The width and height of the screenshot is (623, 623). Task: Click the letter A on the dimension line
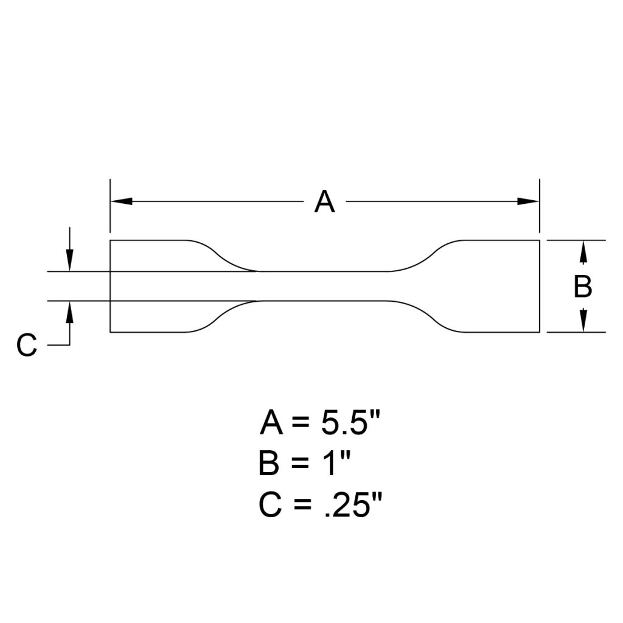pyautogui.click(x=324, y=202)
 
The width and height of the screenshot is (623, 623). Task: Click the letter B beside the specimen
pyautogui.click(x=583, y=287)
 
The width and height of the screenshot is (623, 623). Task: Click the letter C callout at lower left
pyautogui.click(x=27, y=346)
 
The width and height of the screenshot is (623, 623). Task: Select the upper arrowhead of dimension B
pyautogui.click(x=583, y=251)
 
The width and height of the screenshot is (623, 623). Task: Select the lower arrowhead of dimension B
pyautogui.click(x=583, y=322)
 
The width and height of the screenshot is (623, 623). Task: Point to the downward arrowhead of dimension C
pyautogui.click(x=71, y=261)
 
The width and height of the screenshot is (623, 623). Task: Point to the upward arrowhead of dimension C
pyautogui.click(x=71, y=311)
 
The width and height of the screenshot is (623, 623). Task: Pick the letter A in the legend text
pyautogui.click(x=271, y=423)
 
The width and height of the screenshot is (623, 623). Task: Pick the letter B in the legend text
pyautogui.click(x=269, y=464)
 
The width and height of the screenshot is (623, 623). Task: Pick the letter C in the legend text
pyautogui.click(x=270, y=506)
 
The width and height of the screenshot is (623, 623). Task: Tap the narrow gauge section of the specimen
pyautogui.click(x=324, y=286)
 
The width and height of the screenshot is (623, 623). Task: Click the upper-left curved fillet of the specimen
pyautogui.click(x=222, y=256)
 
